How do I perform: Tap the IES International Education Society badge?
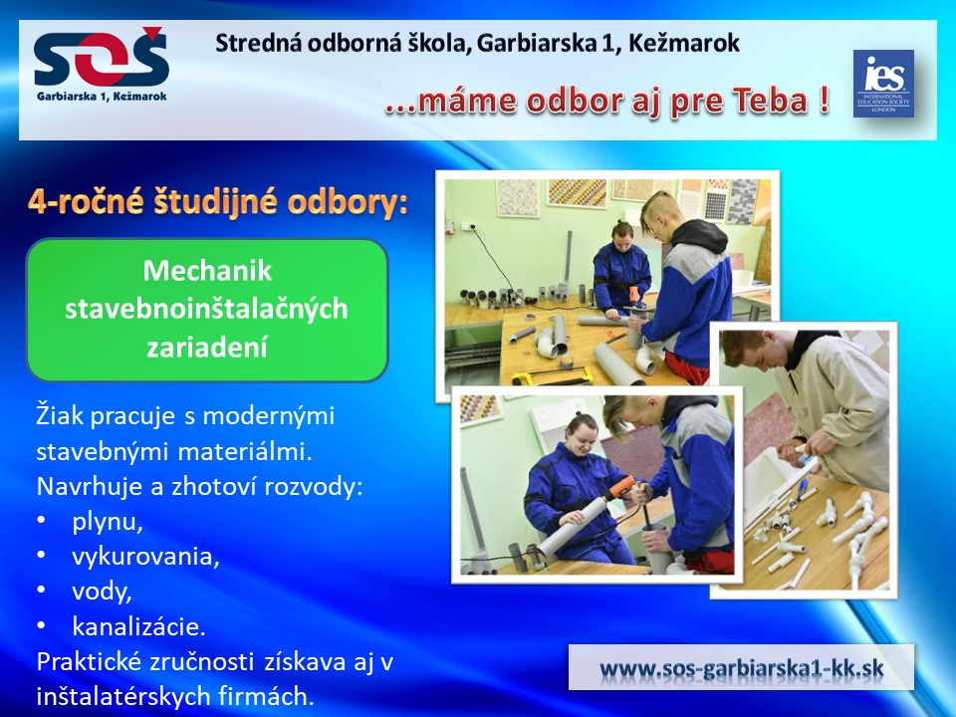[x=883, y=84]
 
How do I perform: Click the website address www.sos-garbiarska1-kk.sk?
[x=741, y=668]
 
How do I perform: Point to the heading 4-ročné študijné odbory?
[x=218, y=202]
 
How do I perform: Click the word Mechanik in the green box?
[x=207, y=271]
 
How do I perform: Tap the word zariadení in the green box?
[x=207, y=348]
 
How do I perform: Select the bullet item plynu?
[x=108, y=522]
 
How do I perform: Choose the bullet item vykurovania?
[x=145, y=557]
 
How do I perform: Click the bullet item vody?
[x=102, y=592]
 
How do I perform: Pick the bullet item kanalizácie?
[x=139, y=626]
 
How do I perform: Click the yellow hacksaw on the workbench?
[x=552, y=376]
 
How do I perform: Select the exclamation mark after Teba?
[x=824, y=100]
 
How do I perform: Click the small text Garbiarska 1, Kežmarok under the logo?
[x=102, y=97]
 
